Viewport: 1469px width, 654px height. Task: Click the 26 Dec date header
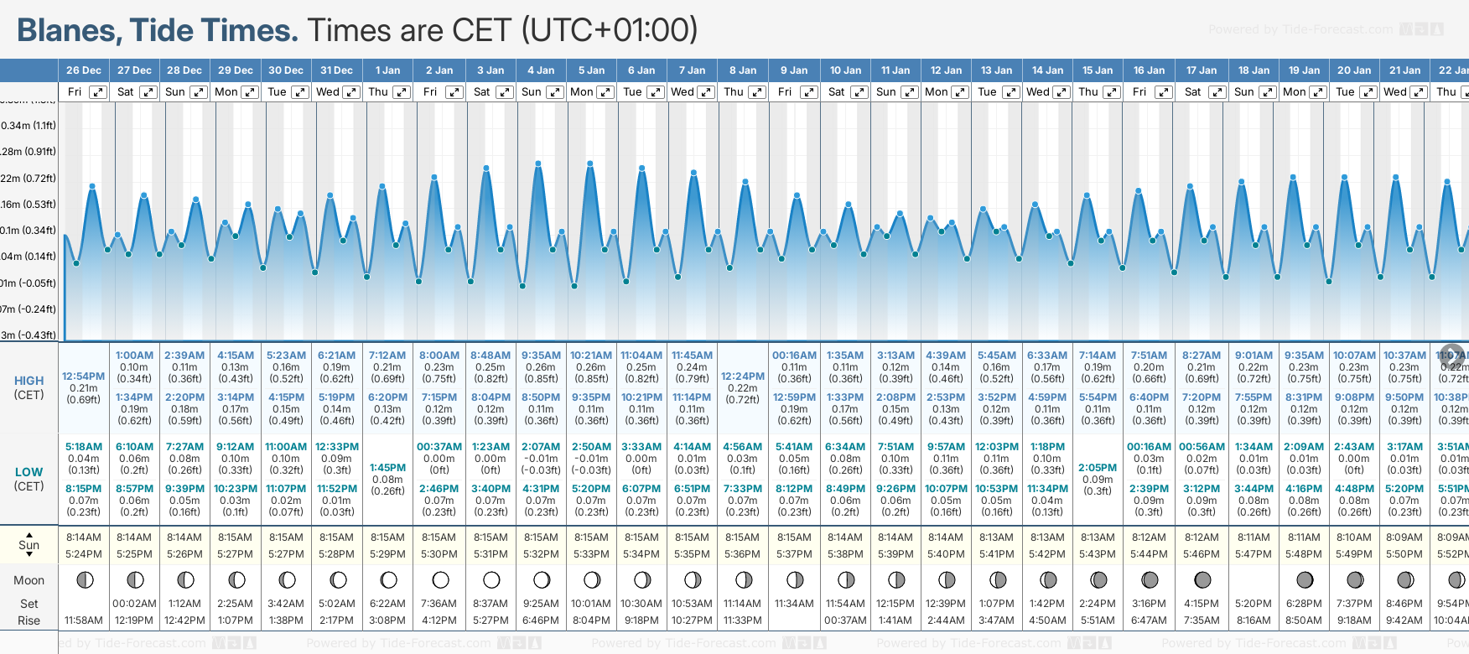point(84,70)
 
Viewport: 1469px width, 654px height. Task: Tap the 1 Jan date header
point(387,70)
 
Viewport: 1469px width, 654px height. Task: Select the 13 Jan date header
point(997,70)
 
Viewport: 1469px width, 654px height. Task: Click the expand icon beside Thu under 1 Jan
point(402,92)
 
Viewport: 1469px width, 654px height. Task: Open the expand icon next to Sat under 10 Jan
point(859,92)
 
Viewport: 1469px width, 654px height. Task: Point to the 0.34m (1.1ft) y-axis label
point(29,126)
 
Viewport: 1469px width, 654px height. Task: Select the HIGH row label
point(29,381)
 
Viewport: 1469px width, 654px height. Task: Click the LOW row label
point(29,472)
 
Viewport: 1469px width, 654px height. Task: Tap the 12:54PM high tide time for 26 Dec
point(84,376)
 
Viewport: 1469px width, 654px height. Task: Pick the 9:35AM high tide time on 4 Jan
point(541,356)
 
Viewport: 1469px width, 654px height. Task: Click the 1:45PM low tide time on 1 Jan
point(387,468)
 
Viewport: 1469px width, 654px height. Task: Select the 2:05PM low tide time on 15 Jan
point(1098,468)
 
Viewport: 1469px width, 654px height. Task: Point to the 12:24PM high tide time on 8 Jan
point(743,376)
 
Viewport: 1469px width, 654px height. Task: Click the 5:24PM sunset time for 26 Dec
point(84,554)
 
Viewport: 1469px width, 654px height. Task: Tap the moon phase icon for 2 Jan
point(440,579)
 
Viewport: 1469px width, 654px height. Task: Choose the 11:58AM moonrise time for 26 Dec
point(84,620)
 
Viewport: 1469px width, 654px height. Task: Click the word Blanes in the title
point(66,31)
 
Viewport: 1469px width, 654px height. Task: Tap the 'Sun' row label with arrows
point(29,544)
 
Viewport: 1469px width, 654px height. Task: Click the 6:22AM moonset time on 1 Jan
point(387,604)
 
